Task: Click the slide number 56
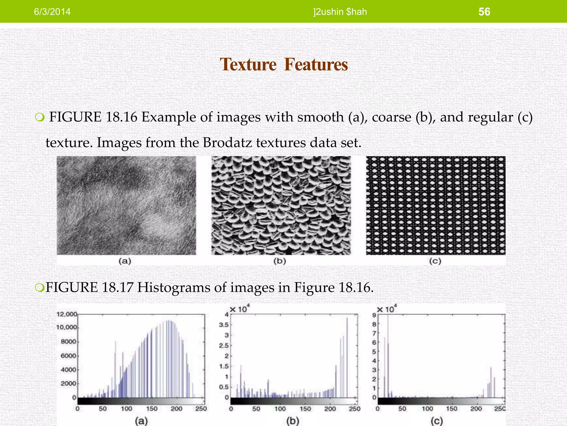[484, 12]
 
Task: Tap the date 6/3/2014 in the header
[52, 12]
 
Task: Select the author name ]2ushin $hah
[340, 12]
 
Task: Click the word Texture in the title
[248, 64]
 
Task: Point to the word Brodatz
[227, 143]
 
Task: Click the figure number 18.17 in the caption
[117, 287]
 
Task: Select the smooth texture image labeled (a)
[126, 205]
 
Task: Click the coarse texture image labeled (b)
[281, 205]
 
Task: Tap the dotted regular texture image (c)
[435, 205]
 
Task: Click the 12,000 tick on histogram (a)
[66, 314]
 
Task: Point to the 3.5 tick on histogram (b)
[224, 324]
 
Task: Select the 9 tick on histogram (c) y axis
[374, 315]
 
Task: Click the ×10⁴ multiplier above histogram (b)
[240, 309]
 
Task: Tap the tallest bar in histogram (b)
[347, 358]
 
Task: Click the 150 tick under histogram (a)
[152, 409]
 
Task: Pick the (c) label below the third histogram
[437, 421]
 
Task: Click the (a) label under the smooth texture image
[125, 261]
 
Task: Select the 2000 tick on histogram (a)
[68, 384]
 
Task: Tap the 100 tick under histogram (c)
[427, 409]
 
